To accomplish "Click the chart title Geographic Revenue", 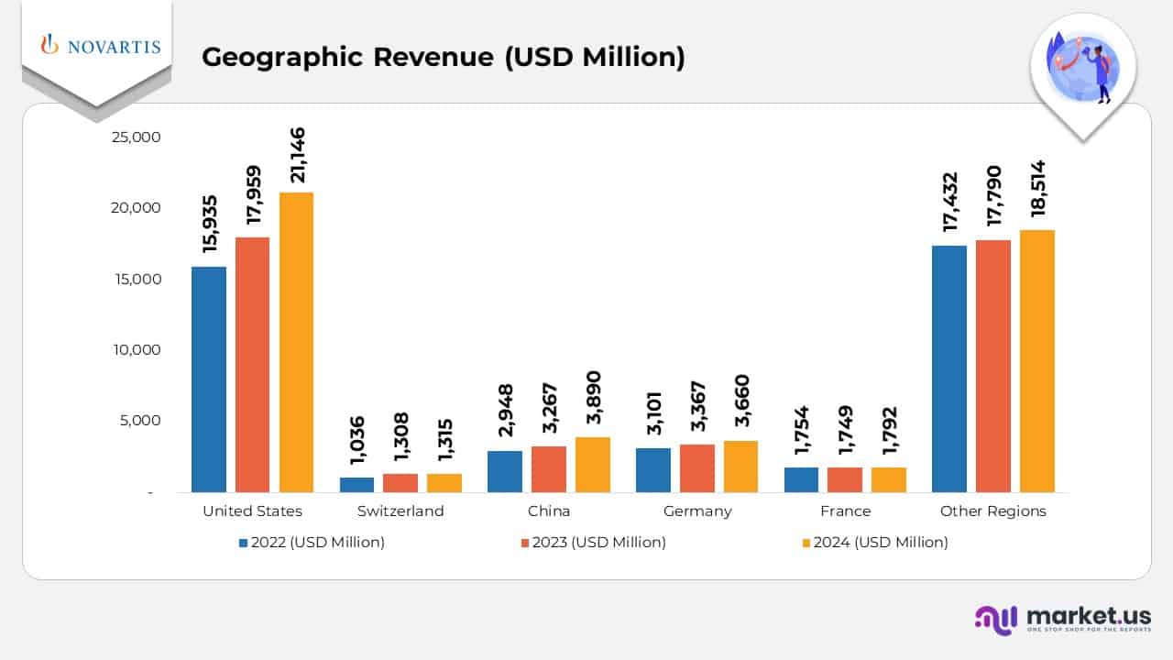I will tap(443, 57).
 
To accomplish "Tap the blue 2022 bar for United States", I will tap(209, 379).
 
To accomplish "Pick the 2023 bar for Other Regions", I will tap(993, 366).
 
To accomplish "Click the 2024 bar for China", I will tap(592, 465).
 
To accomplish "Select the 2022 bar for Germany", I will tap(652, 470).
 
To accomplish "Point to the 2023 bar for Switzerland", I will tap(400, 483).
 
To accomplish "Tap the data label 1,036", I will tap(357, 445).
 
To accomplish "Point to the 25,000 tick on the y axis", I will tap(136, 137).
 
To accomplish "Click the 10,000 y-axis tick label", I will tap(136, 349).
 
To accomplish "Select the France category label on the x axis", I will tap(845, 511).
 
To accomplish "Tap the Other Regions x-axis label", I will tap(992, 511).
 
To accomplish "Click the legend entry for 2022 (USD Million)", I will tap(312, 542).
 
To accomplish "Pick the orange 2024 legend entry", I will tap(874, 542).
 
